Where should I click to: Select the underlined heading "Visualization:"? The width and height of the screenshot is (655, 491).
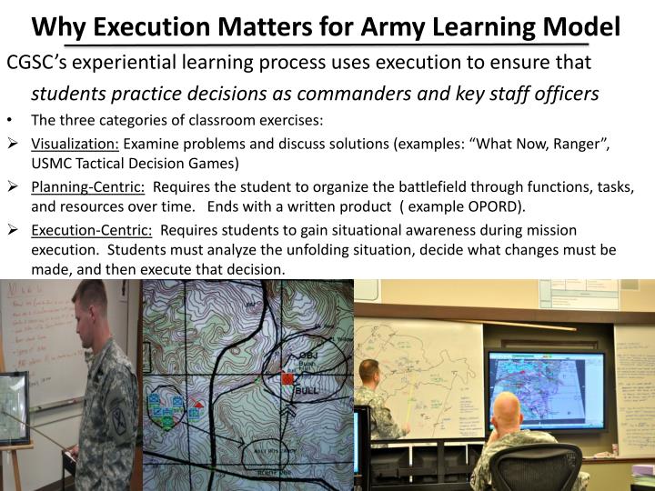click(76, 145)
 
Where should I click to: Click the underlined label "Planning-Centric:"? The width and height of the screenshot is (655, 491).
click(88, 187)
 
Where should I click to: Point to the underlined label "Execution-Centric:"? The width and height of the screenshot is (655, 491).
click(92, 230)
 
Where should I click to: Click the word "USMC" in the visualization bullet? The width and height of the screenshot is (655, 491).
click(51, 164)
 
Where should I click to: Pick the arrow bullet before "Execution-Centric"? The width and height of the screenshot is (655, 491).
click(13, 230)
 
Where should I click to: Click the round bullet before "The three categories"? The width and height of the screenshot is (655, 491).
click(9, 119)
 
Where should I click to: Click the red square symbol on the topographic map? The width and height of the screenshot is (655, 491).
click(288, 378)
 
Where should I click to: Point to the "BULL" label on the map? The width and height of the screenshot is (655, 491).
click(306, 391)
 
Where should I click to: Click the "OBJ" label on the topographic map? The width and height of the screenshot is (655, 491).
click(308, 356)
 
